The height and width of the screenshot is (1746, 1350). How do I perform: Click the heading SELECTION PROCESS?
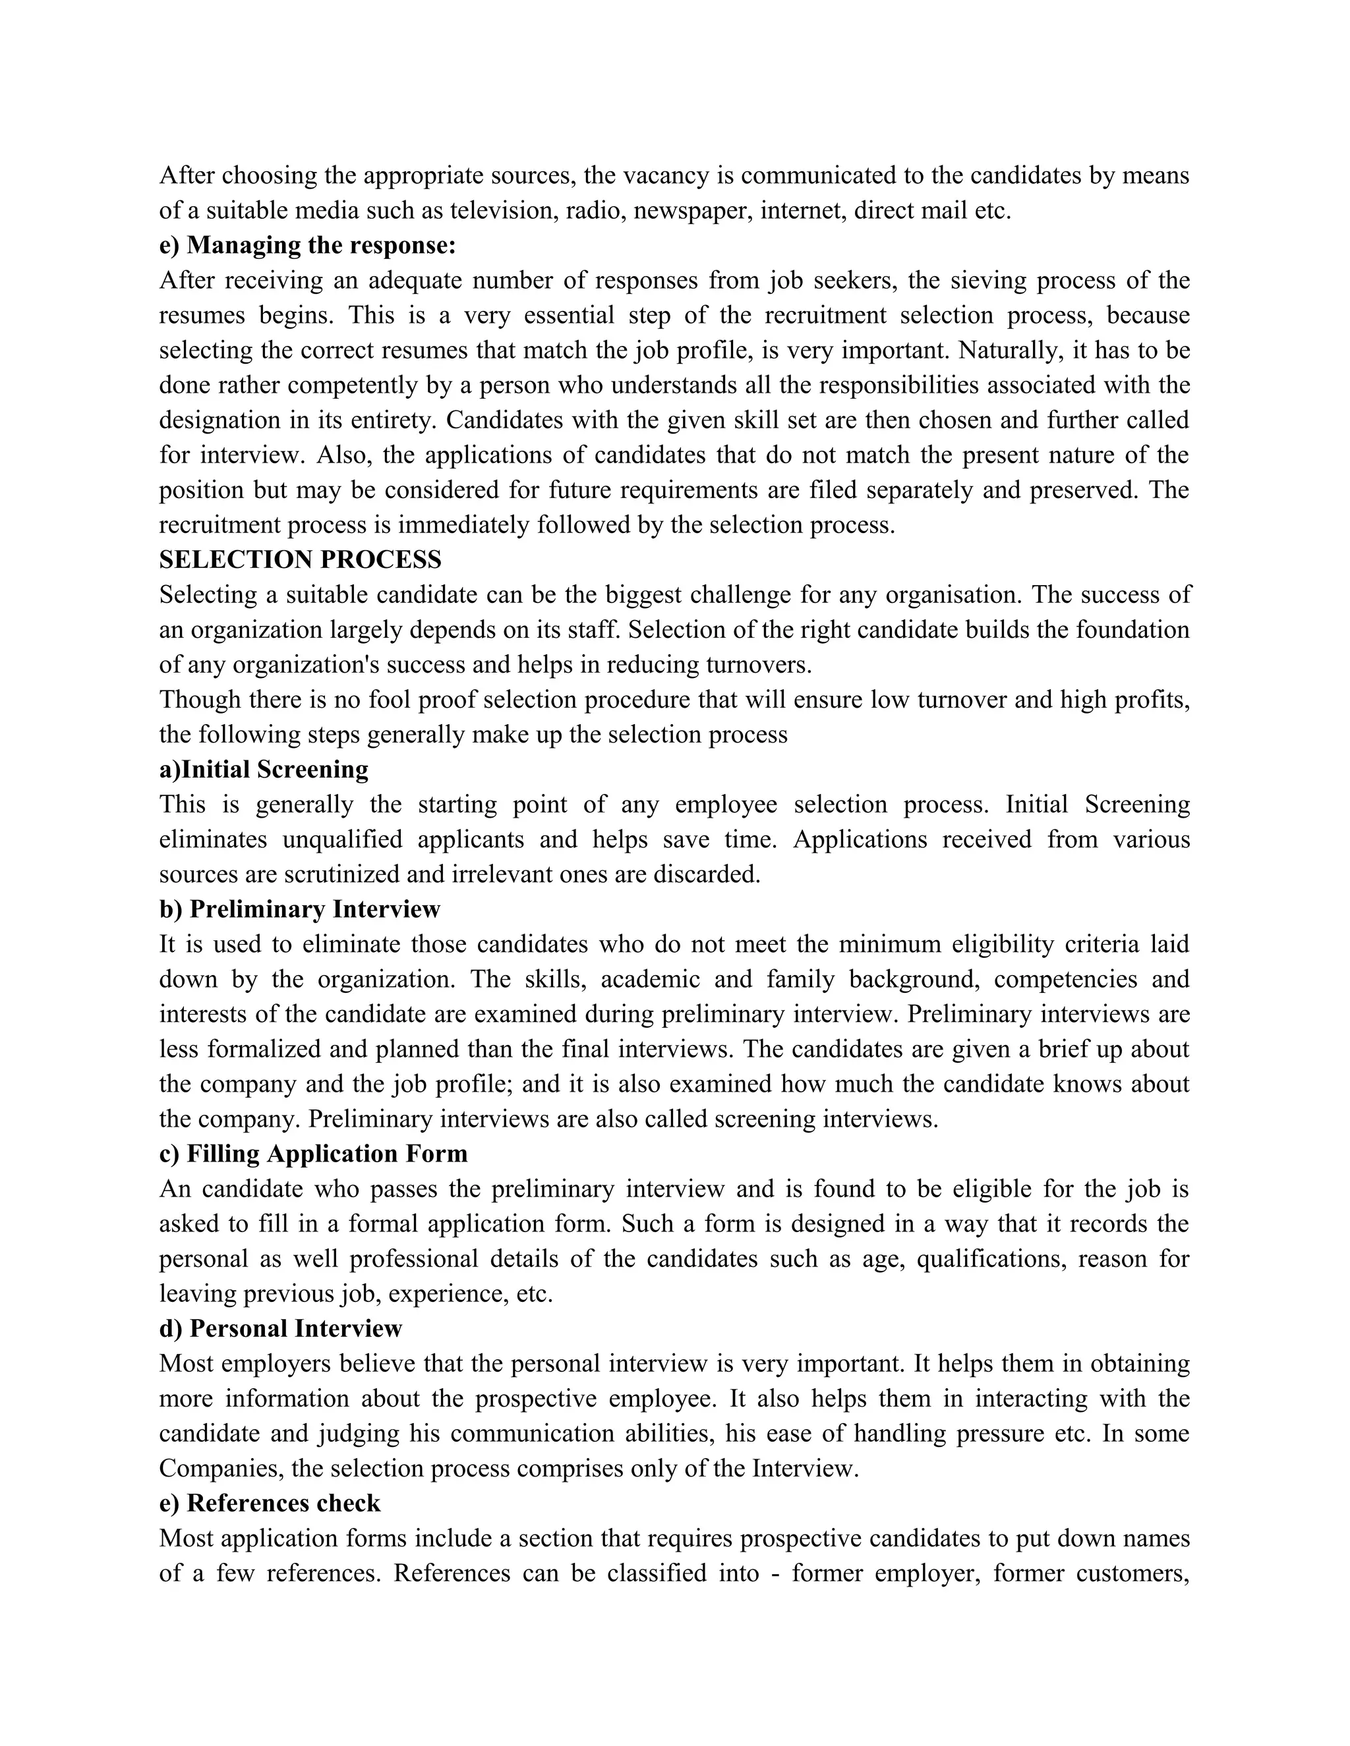(x=300, y=559)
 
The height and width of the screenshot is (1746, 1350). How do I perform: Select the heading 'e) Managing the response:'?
(x=307, y=246)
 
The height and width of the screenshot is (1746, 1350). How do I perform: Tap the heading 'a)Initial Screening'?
(x=264, y=769)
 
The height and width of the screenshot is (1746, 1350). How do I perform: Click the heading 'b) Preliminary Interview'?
(x=300, y=909)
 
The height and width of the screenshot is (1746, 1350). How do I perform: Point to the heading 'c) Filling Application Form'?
(x=314, y=1154)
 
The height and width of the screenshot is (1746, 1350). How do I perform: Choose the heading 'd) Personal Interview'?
(x=281, y=1328)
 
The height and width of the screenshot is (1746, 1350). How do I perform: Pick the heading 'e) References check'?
(x=270, y=1503)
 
